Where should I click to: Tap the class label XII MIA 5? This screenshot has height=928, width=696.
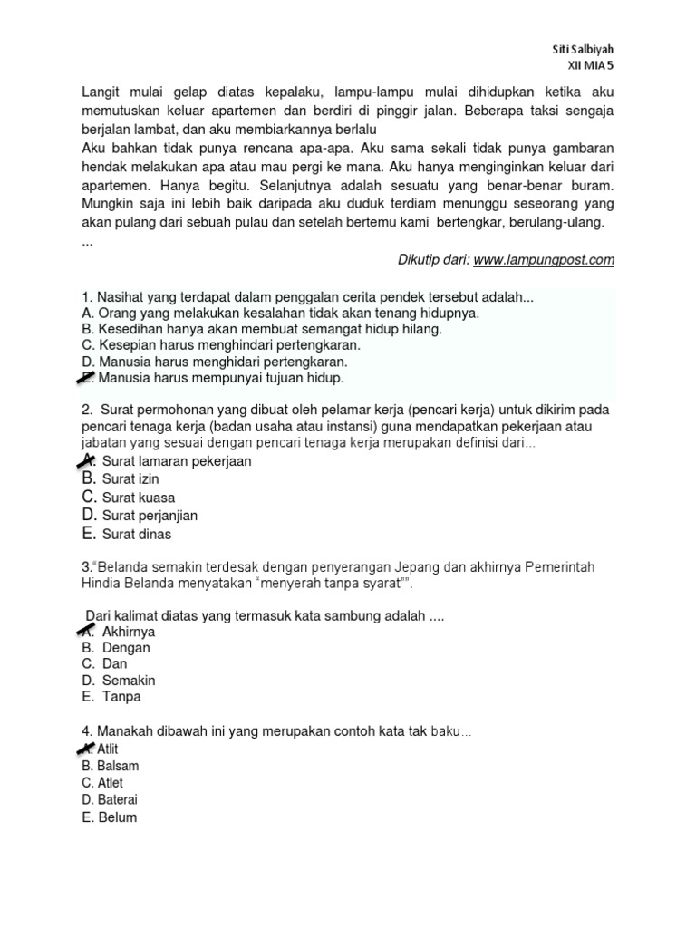point(590,66)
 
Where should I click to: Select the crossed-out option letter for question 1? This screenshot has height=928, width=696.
point(87,377)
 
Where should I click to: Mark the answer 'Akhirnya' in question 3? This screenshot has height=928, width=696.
point(129,632)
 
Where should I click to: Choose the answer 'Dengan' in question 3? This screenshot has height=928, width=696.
point(126,648)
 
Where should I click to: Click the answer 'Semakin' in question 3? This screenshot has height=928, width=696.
point(129,681)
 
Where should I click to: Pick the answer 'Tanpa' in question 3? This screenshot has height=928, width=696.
point(121,697)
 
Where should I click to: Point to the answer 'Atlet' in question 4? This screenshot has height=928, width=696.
point(110,783)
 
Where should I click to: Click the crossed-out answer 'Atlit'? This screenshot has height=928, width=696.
point(107,749)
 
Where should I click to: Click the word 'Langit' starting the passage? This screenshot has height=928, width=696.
point(101,92)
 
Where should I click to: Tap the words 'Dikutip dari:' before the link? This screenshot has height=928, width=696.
point(433,260)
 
